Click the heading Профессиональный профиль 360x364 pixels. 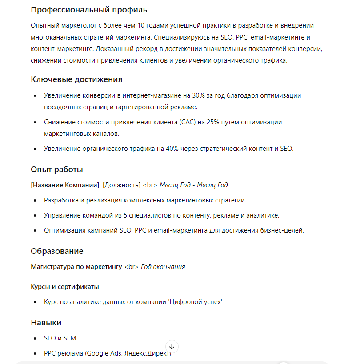[89, 10]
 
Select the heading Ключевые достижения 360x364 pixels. [76, 79]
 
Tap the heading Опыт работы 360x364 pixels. [57, 170]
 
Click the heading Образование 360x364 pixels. [57, 251]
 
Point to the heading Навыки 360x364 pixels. [46, 322]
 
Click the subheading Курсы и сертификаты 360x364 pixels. [65, 287]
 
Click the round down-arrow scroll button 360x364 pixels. [172, 346]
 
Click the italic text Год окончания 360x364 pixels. [163, 267]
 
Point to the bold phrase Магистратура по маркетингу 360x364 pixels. [76, 267]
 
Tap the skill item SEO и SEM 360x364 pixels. [60, 338]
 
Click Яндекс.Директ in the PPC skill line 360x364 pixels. [148, 353]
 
